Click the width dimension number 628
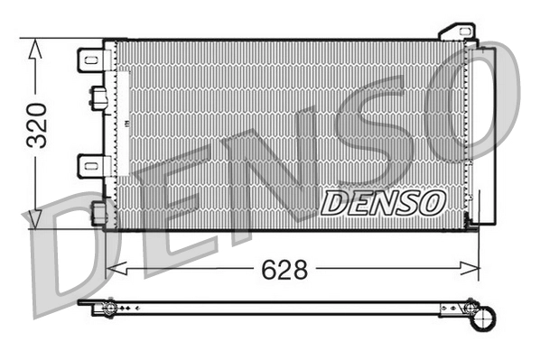click(283, 268)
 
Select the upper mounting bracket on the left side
click(93, 60)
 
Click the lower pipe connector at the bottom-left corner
click(100, 212)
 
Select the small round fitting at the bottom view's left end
click(109, 309)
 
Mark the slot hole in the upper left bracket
click(90, 60)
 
